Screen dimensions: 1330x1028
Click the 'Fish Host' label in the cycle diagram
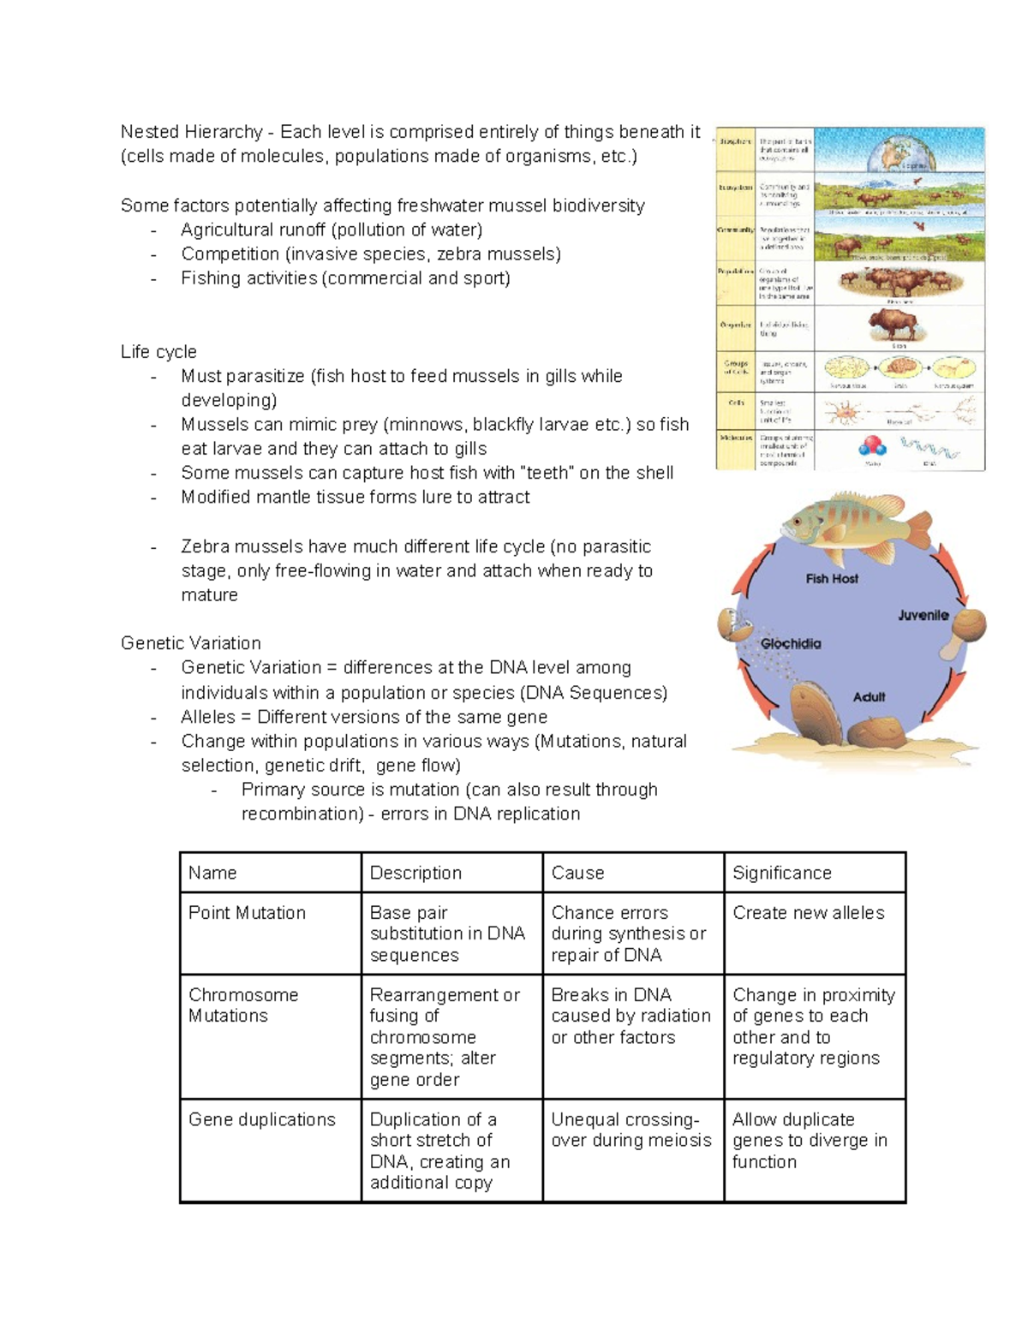click(x=831, y=579)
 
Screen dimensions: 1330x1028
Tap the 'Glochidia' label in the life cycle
click(x=790, y=643)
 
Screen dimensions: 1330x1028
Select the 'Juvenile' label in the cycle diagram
click(x=923, y=615)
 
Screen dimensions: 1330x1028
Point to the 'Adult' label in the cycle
click(x=869, y=697)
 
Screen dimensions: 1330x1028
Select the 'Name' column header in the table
click(x=212, y=873)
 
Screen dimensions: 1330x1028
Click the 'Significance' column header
click(x=781, y=873)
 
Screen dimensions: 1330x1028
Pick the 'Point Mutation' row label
click(x=247, y=913)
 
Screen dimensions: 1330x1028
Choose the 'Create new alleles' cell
click(x=808, y=913)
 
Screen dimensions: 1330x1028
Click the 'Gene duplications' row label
click(x=261, y=1119)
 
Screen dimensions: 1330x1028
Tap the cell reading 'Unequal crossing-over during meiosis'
click(x=631, y=1130)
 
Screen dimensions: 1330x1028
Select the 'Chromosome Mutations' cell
click(x=243, y=1005)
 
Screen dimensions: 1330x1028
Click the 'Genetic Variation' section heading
click(x=190, y=643)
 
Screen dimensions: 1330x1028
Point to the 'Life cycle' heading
click(x=158, y=352)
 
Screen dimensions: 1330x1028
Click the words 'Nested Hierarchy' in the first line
click(x=191, y=132)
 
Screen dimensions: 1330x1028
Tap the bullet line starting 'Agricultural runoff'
click(x=332, y=230)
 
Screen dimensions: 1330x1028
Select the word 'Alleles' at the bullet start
click(x=207, y=717)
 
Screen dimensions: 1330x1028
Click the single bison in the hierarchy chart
click(x=892, y=325)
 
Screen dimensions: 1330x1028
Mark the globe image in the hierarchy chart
click(x=899, y=151)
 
